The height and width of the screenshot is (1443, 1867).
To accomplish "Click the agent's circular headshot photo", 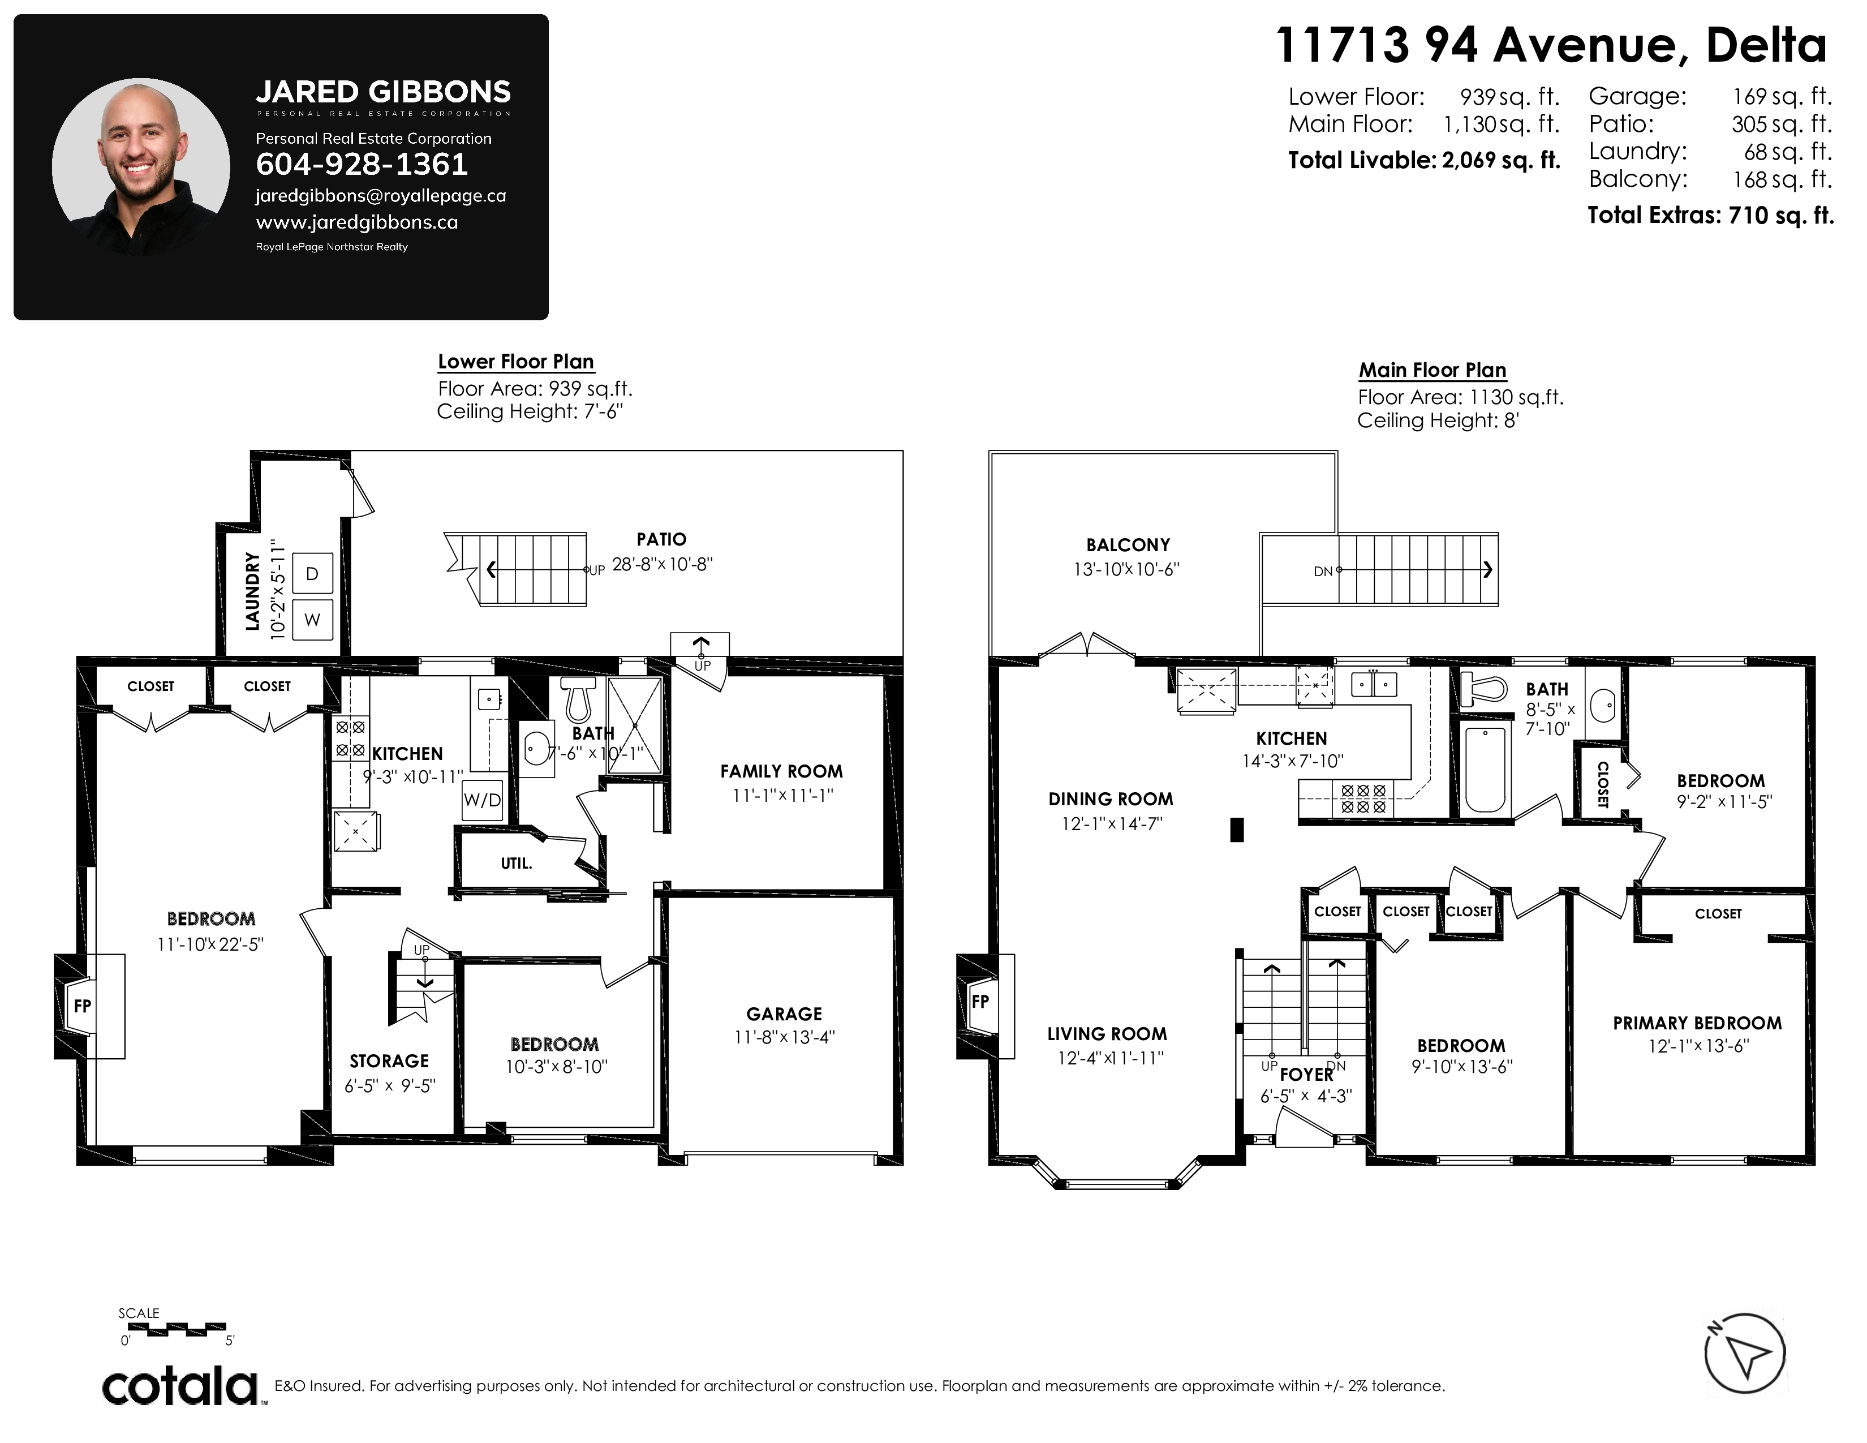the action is [x=141, y=168].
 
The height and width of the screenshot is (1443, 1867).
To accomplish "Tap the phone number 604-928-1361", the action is [x=362, y=164].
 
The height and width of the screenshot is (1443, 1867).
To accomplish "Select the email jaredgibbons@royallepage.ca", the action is [x=380, y=196].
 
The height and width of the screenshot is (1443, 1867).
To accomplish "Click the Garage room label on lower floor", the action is [x=784, y=1014].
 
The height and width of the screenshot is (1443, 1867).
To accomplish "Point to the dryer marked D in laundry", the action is [x=312, y=574].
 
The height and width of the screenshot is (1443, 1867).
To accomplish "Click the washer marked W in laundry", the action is [x=312, y=620].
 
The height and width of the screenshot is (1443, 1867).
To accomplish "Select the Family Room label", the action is [x=781, y=771].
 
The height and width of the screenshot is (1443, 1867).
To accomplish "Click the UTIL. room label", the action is [x=517, y=864].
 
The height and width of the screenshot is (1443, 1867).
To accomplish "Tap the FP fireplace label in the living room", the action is [x=980, y=1001].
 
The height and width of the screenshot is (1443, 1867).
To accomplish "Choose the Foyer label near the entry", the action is [x=1306, y=1075].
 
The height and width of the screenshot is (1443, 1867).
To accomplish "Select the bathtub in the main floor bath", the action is [x=1485, y=768].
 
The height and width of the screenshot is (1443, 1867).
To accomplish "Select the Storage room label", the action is [x=389, y=1061].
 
